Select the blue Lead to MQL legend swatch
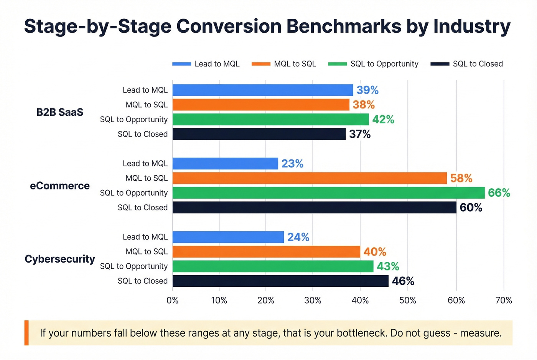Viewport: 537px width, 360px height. (181, 64)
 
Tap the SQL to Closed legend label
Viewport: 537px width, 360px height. (478, 64)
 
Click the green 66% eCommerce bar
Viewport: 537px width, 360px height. (328, 193)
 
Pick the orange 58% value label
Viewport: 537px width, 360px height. (461, 178)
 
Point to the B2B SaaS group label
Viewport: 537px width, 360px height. (60, 112)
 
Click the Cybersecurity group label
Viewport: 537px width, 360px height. (60, 259)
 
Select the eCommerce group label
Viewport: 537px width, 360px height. (60, 186)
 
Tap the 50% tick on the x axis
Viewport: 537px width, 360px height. (407, 301)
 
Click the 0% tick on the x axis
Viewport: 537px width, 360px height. (173, 301)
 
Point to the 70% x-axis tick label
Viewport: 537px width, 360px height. (504, 301)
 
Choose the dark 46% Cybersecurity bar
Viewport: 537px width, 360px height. (280, 281)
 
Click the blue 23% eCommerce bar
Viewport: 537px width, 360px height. (225, 164)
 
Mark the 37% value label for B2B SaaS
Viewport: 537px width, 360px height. (360, 134)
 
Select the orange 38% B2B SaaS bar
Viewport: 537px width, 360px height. (261, 105)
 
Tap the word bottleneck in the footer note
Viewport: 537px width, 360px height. (361, 333)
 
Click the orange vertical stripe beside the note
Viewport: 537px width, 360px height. (26, 333)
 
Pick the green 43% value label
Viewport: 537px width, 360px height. (388, 266)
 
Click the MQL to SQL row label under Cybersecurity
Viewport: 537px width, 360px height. (147, 252)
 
